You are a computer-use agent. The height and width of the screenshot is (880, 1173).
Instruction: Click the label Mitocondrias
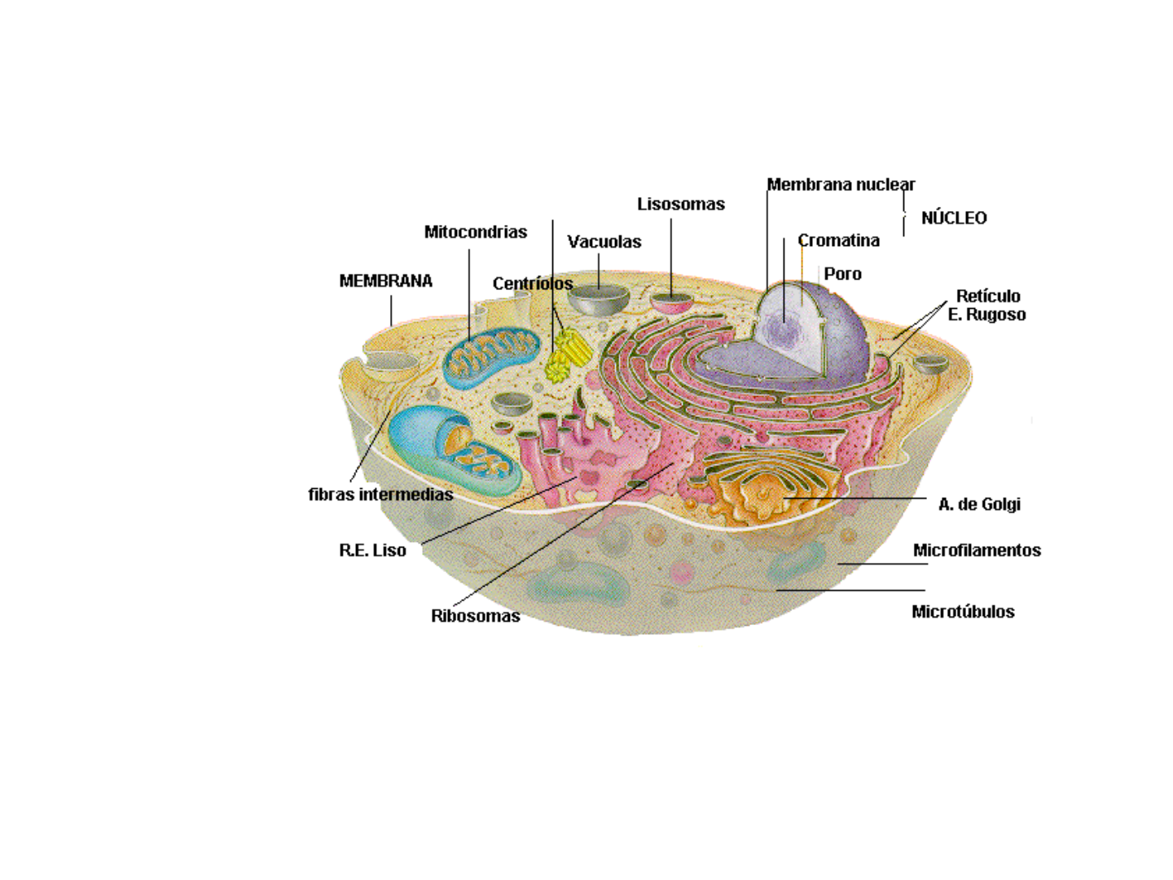pyautogui.click(x=475, y=232)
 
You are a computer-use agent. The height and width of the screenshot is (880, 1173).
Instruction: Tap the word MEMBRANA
pyautogui.click(x=385, y=281)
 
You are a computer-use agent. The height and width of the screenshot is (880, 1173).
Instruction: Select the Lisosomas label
pyautogui.click(x=680, y=205)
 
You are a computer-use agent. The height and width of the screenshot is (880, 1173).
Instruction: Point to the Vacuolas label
pyautogui.click(x=604, y=242)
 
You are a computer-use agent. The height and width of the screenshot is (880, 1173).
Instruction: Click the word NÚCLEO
pyautogui.click(x=953, y=218)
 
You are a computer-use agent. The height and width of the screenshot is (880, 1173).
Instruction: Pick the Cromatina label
pyautogui.click(x=838, y=240)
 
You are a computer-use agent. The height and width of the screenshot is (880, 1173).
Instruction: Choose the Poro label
pyautogui.click(x=842, y=274)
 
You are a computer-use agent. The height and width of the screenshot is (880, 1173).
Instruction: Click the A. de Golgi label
pyautogui.click(x=979, y=504)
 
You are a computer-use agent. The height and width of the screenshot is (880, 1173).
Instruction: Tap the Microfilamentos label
pyautogui.click(x=977, y=550)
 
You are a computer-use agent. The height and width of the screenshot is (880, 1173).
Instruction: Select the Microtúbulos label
pyautogui.click(x=963, y=612)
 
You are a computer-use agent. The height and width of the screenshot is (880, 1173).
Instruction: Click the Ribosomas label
pyautogui.click(x=475, y=616)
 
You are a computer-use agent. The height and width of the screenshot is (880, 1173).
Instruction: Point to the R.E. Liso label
pyautogui.click(x=372, y=551)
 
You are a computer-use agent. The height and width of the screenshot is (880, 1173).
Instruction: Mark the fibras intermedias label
pyautogui.click(x=380, y=495)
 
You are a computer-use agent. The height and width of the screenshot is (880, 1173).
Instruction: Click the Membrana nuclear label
pyautogui.click(x=841, y=185)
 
